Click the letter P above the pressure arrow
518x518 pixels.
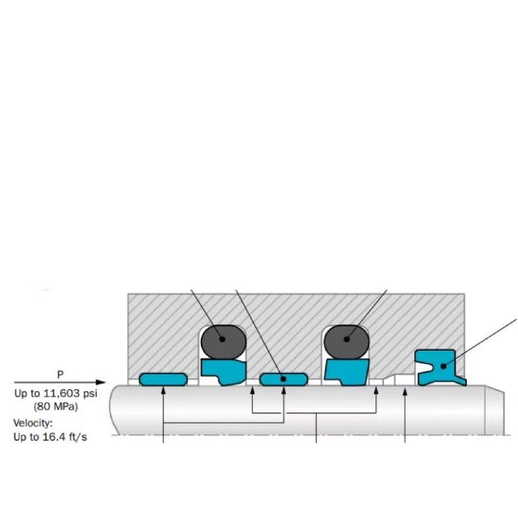(x=61, y=374)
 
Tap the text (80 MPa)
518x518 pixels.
(x=55, y=406)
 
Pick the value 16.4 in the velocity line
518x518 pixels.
(x=54, y=437)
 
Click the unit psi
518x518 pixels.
(x=89, y=394)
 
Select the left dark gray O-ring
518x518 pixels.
(x=223, y=340)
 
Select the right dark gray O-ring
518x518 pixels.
(x=346, y=340)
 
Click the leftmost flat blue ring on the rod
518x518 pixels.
(x=163, y=379)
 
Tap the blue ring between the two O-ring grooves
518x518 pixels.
(x=283, y=379)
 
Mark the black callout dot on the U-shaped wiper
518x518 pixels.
(x=443, y=366)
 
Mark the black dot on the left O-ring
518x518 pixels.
(x=222, y=340)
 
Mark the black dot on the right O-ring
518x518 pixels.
(x=347, y=340)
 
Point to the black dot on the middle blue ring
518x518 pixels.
(x=283, y=379)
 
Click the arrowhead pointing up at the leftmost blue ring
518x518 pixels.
(x=163, y=390)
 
